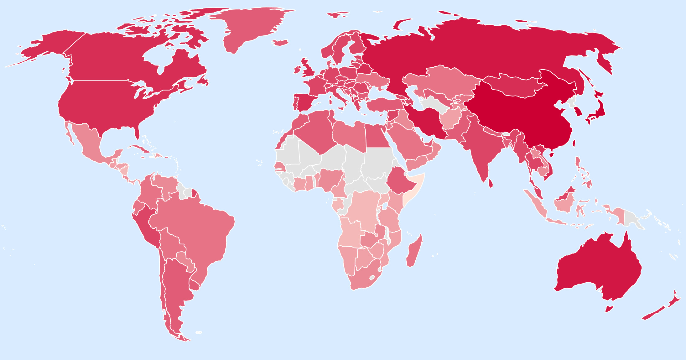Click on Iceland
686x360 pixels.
tap(280, 43)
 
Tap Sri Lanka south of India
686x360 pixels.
tap(491, 183)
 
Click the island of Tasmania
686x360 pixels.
tap(609, 309)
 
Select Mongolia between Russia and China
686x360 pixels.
tap(514, 85)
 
